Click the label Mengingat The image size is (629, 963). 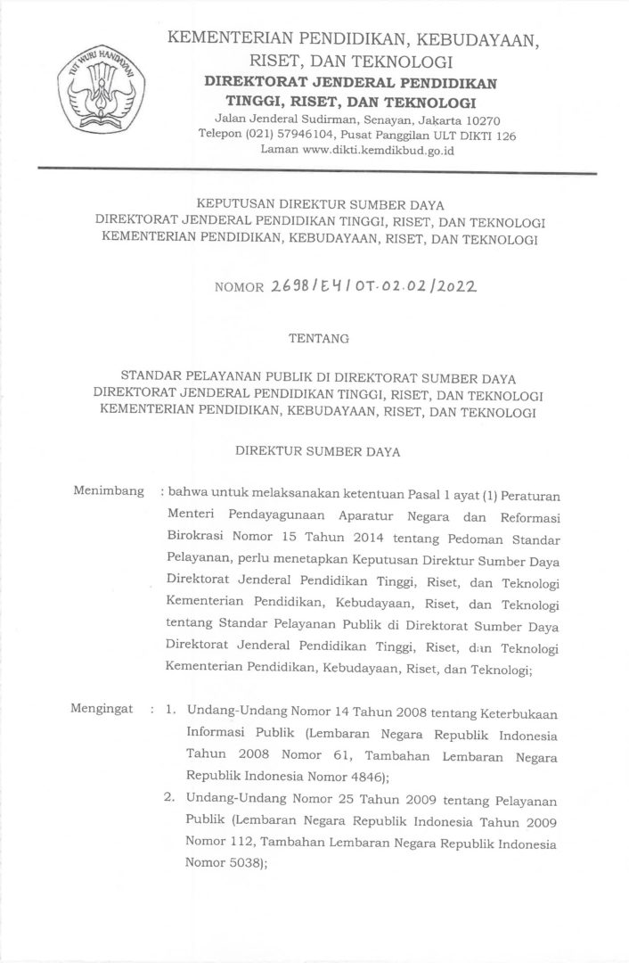pos(103,711)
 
